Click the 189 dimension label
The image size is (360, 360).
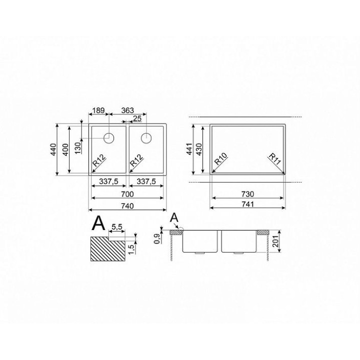point(98,110)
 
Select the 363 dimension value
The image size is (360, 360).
point(127,110)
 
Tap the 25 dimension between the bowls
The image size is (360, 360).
point(137,118)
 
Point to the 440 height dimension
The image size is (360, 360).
point(53,149)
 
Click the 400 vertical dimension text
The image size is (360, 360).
point(65,149)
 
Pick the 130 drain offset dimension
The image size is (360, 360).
point(78,148)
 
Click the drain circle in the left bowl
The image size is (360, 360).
point(109,138)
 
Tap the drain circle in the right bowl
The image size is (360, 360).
point(146,138)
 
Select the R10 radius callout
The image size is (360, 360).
point(220,158)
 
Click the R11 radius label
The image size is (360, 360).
point(274,159)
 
